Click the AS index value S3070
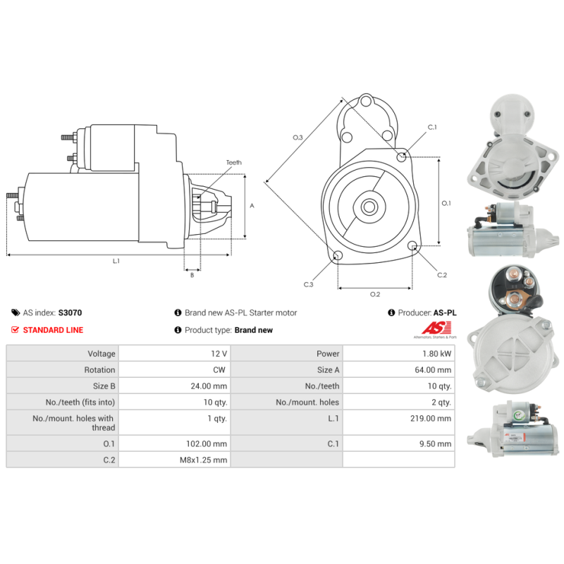point(70,312)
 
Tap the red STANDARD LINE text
point(53,330)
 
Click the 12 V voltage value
point(219,354)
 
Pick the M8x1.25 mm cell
point(204,460)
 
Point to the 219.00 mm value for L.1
point(431,418)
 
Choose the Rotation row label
point(99,369)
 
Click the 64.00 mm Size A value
point(433,369)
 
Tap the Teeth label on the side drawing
point(234,163)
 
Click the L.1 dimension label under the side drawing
point(116,261)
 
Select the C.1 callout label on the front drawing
point(432,128)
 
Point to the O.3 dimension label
point(298,137)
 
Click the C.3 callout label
point(309,285)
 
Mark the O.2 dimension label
point(375,294)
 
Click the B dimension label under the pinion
point(192,275)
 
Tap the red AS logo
point(436,328)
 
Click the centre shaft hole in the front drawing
point(369,207)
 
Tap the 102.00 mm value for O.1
point(207,444)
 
